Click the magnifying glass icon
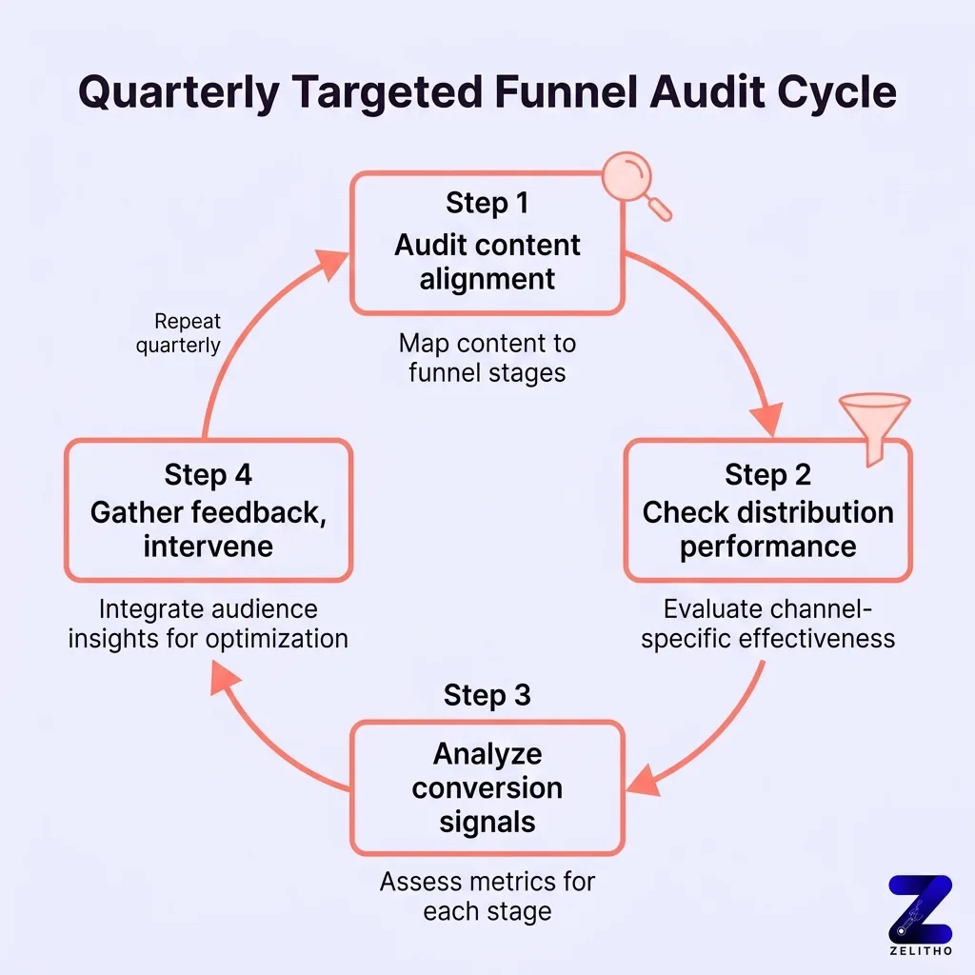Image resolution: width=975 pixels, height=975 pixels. [x=634, y=185]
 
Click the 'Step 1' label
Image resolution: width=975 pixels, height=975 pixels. [x=487, y=204]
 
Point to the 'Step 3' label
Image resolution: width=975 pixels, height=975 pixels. [x=487, y=695]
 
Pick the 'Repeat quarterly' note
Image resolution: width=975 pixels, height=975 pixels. [x=178, y=334]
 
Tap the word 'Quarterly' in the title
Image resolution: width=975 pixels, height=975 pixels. [x=179, y=94]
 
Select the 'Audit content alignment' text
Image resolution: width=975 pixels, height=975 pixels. [x=487, y=262]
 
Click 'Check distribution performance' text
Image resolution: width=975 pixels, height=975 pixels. [x=767, y=529]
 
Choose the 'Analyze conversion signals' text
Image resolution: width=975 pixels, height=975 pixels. [x=487, y=787]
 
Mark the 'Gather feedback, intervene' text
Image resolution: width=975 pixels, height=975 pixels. [x=208, y=529]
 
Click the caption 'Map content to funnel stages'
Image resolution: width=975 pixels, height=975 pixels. [x=487, y=357]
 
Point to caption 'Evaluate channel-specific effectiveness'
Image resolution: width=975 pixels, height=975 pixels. [x=767, y=623]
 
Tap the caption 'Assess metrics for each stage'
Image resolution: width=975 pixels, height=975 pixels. [x=487, y=896]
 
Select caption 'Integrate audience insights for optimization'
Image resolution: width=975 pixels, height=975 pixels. [x=208, y=623]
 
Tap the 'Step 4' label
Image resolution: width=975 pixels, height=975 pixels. [x=208, y=474]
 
